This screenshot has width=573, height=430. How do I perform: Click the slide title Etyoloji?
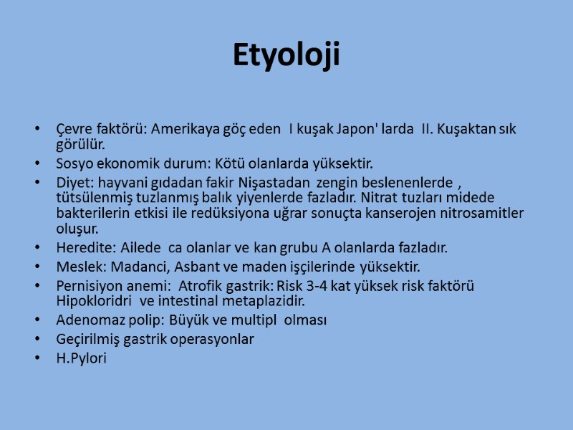[286, 55]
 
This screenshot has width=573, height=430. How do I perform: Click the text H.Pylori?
[81, 358]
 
